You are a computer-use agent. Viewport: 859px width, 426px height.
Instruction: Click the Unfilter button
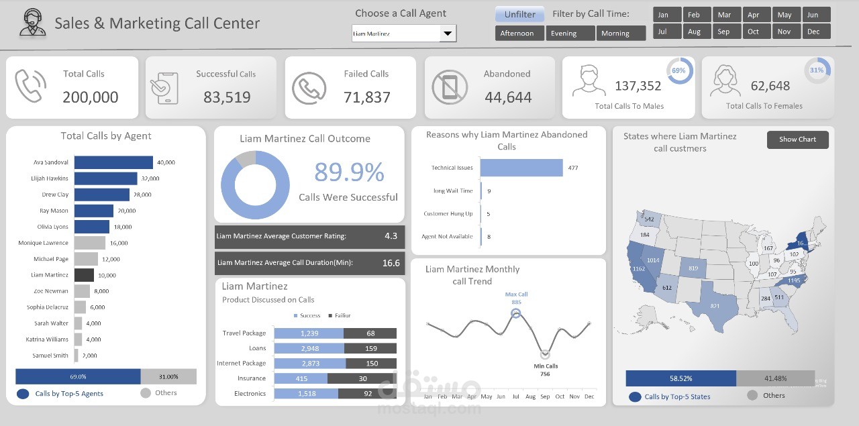(519, 14)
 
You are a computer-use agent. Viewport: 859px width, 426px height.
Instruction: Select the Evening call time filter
(570, 33)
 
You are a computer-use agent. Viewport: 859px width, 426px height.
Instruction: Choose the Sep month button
(723, 32)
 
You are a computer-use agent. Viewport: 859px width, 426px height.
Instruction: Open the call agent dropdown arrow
(447, 34)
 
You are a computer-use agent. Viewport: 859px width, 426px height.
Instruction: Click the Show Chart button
(797, 140)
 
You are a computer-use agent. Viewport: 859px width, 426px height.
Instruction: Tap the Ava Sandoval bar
(113, 162)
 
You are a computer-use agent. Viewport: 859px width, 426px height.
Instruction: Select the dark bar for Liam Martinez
(84, 275)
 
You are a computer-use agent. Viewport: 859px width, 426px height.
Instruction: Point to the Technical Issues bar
(521, 168)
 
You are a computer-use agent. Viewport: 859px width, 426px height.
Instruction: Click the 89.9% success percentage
(349, 172)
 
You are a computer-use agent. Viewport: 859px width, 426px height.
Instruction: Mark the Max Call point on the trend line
(516, 313)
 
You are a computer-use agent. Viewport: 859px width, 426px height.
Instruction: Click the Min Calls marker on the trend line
(545, 354)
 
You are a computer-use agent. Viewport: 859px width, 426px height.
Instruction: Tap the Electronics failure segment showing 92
(367, 394)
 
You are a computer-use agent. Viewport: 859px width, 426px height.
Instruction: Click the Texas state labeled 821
(715, 306)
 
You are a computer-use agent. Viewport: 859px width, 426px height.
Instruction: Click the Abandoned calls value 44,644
(508, 97)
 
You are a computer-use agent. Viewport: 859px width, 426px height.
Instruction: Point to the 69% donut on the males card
(678, 70)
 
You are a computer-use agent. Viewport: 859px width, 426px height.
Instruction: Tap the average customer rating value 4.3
(391, 236)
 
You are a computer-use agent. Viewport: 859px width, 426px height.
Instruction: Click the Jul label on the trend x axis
(516, 396)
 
